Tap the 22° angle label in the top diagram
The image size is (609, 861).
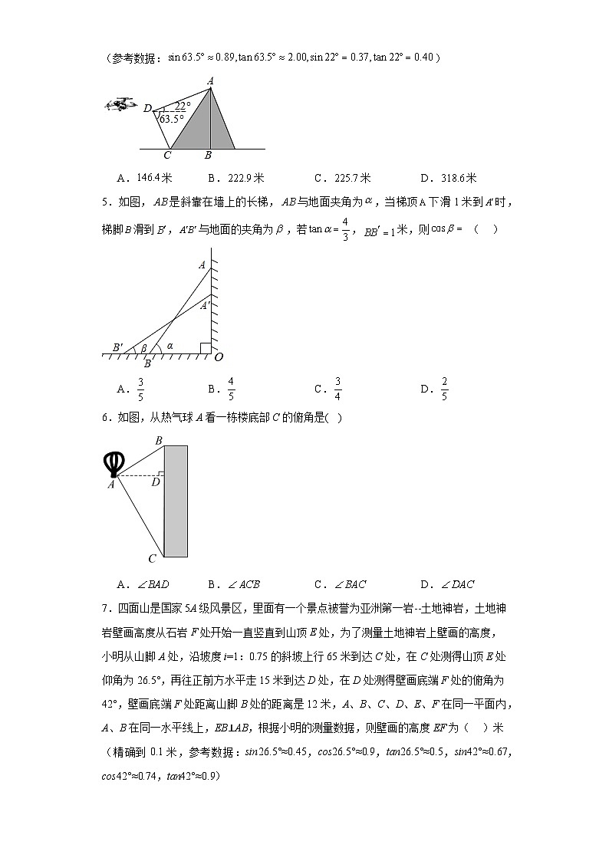coord(182,106)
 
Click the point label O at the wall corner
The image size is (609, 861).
coord(219,357)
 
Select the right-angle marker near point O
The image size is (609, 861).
coord(205,348)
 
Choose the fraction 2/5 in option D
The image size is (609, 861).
coord(445,389)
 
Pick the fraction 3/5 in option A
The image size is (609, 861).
coord(140,389)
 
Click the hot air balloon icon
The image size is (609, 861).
coord(114,465)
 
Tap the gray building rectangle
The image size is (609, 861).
coord(176,501)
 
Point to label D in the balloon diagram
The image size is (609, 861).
coord(155,482)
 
